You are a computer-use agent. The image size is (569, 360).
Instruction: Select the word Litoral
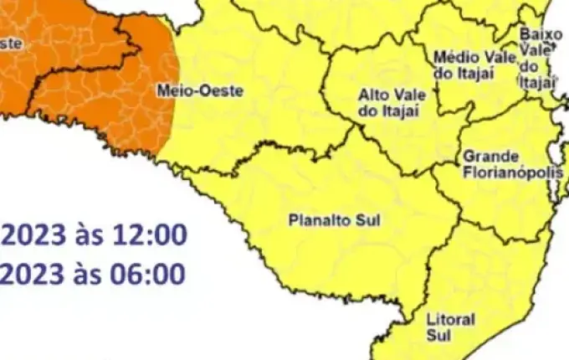[x=450, y=320]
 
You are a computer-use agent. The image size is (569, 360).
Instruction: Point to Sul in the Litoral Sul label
[x=438, y=335]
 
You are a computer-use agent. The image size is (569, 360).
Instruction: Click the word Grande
[x=490, y=157]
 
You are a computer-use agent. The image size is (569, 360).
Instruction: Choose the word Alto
[x=372, y=95]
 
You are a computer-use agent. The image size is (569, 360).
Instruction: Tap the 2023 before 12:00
[x=32, y=235]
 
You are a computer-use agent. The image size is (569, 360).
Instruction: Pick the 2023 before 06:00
[x=32, y=273]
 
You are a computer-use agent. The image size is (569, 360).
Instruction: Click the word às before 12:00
[x=89, y=235]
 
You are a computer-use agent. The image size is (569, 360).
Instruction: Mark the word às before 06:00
[x=89, y=273]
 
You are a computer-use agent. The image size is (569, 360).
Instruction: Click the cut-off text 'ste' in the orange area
[x=10, y=43]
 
